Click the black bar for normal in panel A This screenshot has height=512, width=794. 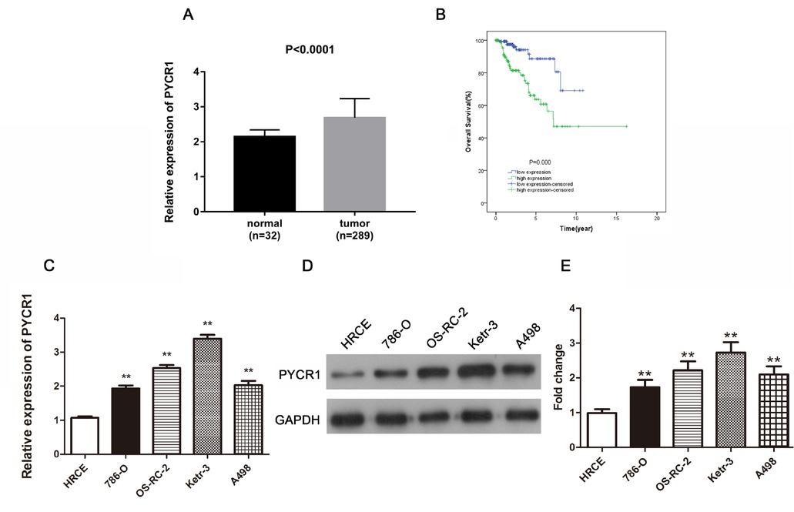265,173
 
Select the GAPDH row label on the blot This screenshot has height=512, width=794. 296,420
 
